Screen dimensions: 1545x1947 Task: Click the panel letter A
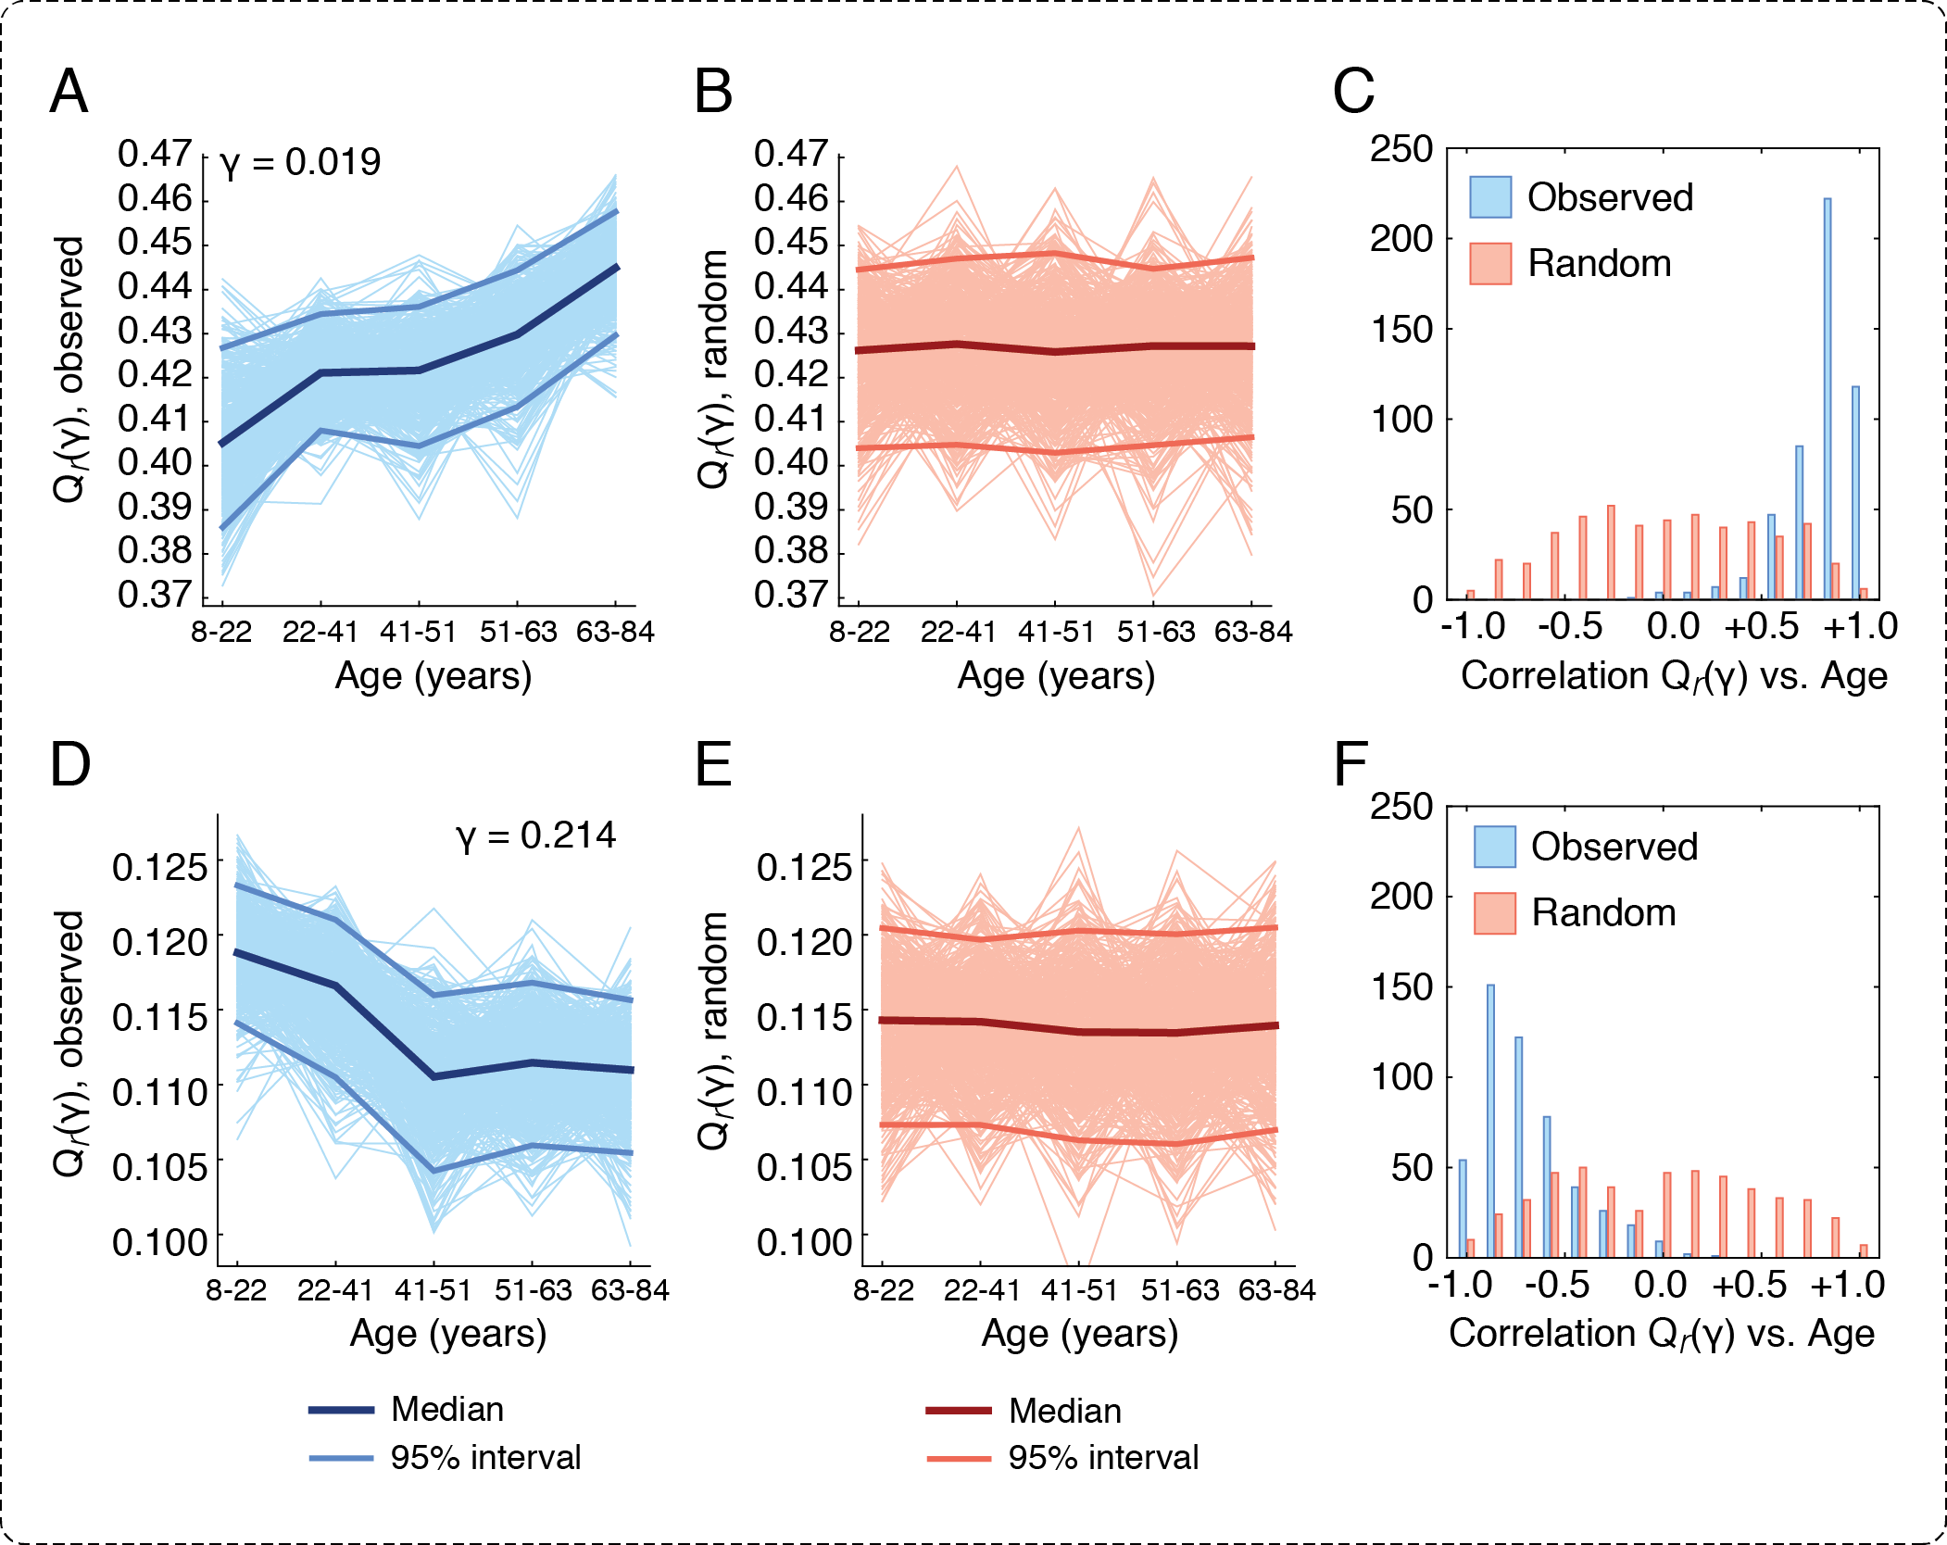[69, 93]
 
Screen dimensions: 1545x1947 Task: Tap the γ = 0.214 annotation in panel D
[535, 835]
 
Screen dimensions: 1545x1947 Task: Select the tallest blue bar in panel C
[1827, 398]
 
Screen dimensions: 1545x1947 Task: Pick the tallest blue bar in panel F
[1490, 1121]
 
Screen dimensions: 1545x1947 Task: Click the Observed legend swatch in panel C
[1490, 197]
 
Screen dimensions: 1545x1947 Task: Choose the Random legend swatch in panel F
[1495, 913]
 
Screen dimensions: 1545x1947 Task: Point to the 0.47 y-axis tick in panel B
[790, 154]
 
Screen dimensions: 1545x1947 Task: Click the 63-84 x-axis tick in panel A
[615, 633]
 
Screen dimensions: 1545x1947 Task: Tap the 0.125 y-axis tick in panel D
[159, 868]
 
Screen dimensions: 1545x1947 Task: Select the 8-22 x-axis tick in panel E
[883, 1290]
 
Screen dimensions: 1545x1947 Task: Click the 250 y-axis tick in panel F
[1401, 807]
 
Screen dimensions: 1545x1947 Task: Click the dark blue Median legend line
[341, 1411]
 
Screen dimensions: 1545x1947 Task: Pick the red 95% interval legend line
[959, 1459]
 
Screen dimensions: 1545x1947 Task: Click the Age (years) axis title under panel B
[1056, 676]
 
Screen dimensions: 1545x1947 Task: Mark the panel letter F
[1350, 765]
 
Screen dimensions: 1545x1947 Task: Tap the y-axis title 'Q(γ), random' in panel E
[713, 1030]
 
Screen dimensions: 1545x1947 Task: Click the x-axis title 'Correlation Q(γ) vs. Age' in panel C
[1673, 676]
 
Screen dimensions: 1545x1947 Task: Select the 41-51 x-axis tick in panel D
[433, 1290]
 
